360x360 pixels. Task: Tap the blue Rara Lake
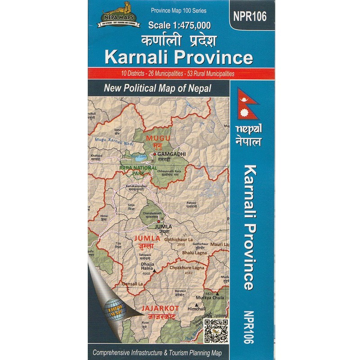point(139,157)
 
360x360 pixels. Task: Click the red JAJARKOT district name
point(160,308)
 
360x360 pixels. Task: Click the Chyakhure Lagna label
point(187,268)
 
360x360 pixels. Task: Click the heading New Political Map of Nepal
point(157,89)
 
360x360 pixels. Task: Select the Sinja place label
point(131,204)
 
